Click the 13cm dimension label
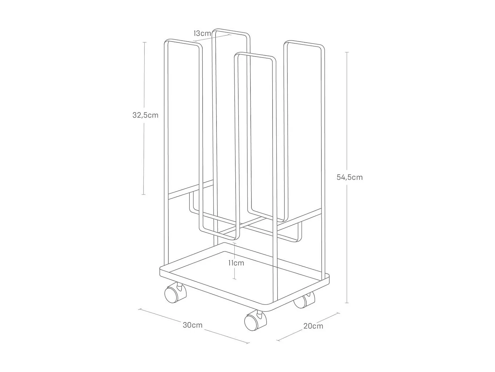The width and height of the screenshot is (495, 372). [202, 33]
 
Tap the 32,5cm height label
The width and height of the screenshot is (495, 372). [146, 115]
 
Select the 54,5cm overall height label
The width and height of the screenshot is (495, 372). [349, 177]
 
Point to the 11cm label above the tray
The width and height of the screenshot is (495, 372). [236, 263]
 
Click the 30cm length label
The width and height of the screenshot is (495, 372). [193, 325]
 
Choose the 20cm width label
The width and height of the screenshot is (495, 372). [313, 326]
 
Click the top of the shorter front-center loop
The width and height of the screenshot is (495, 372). [254, 55]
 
